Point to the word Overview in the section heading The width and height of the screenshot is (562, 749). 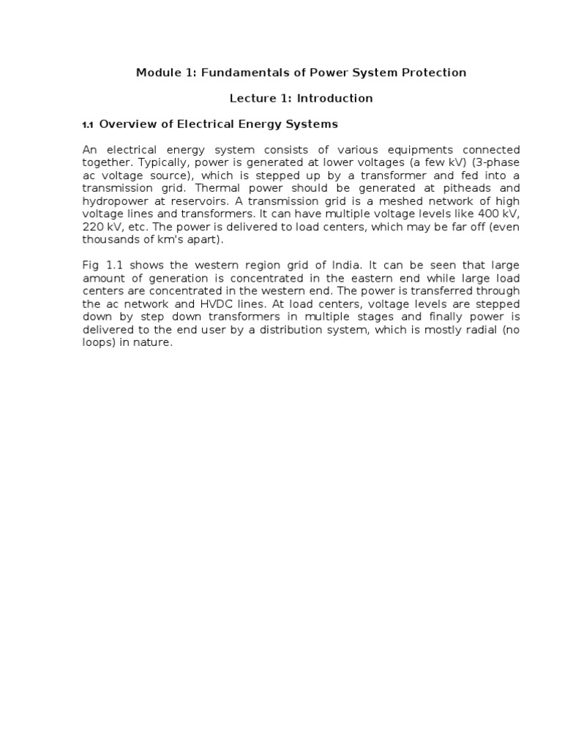pos(126,124)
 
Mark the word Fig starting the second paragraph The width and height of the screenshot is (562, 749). pos(91,264)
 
